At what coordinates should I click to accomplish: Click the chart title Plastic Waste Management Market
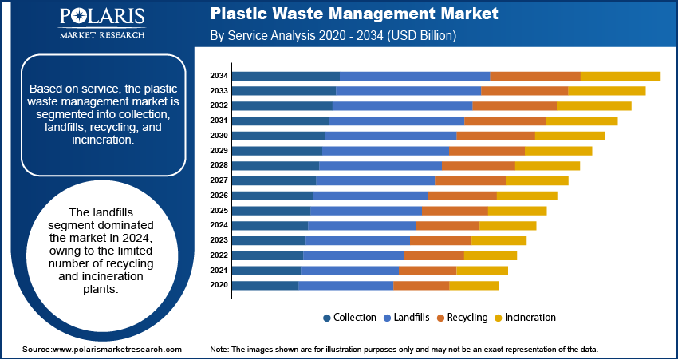354,14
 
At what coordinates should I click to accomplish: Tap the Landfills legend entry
410,318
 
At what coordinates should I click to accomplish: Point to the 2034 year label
219,76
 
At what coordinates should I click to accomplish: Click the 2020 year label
219,285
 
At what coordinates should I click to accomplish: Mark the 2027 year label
219,180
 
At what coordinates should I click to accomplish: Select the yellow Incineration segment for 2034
620,76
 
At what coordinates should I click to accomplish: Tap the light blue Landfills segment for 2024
361,225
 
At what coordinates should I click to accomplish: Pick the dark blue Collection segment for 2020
265,285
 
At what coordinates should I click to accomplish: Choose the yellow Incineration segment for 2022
490,255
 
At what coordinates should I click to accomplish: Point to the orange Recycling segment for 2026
463,196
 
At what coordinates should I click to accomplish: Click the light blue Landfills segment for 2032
402,105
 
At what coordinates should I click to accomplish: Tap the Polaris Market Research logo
101,23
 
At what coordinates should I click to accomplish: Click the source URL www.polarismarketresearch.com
116,350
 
